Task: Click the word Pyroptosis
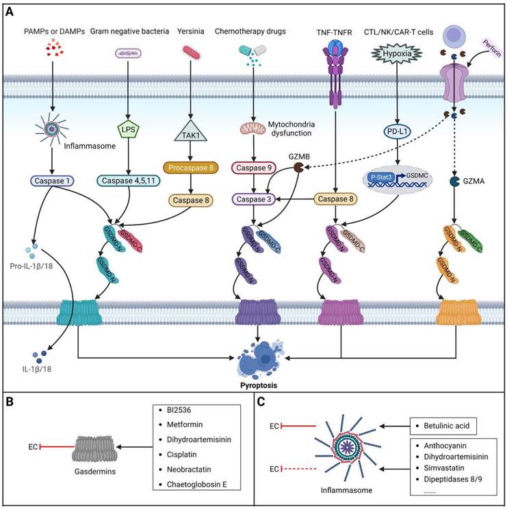point(258,385)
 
